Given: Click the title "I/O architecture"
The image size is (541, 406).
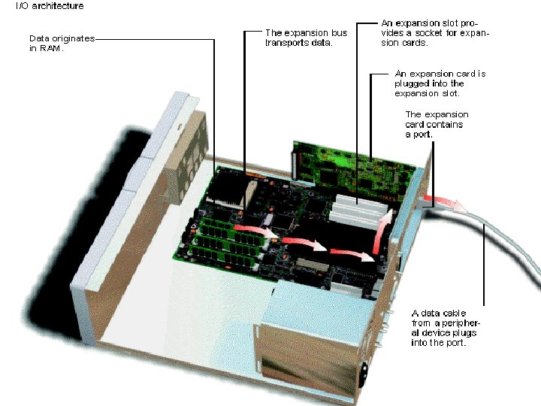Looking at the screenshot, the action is point(50,6).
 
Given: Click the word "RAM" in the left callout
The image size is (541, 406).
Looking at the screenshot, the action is point(51,48).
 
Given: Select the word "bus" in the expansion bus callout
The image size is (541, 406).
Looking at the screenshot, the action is point(339,33).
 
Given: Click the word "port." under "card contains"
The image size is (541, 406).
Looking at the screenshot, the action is point(422,135).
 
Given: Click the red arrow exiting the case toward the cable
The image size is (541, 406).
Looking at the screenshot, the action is point(444,203).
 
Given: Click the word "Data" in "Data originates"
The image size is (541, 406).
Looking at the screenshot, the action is point(39,38).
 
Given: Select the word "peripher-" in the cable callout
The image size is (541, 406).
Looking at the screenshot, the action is point(461,323).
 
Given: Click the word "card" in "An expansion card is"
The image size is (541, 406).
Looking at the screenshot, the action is point(466,74).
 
